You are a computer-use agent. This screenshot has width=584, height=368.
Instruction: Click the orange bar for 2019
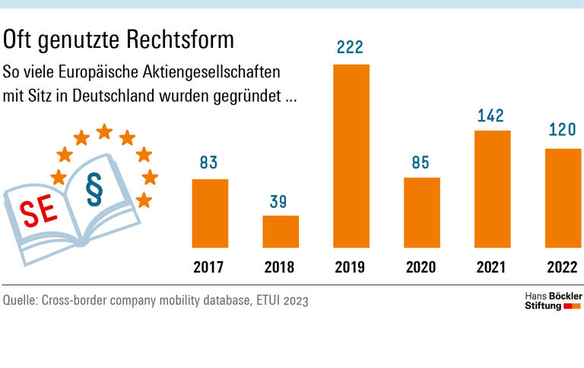click(x=351, y=156)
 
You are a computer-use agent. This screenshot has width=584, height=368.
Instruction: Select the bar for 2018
click(x=281, y=231)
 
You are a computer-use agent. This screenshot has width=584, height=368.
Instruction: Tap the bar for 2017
click(x=210, y=213)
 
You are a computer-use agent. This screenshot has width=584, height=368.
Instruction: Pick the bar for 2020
click(x=421, y=212)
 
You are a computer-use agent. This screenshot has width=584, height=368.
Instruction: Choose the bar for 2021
click(x=492, y=189)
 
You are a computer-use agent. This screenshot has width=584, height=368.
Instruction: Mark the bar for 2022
click(x=563, y=198)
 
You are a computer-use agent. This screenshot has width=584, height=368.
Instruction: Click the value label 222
click(x=351, y=48)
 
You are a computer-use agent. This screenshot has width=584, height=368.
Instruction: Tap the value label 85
click(x=421, y=162)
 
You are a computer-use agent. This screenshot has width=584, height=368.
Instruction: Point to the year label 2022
click(x=563, y=267)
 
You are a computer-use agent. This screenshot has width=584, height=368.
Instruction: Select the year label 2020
click(x=421, y=267)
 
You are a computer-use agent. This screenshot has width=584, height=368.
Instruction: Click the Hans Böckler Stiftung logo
click(x=553, y=300)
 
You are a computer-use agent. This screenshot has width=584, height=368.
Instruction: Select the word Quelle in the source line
click(x=23, y=300)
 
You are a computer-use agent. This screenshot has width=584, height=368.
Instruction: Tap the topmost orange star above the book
click(x=104, y=132)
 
